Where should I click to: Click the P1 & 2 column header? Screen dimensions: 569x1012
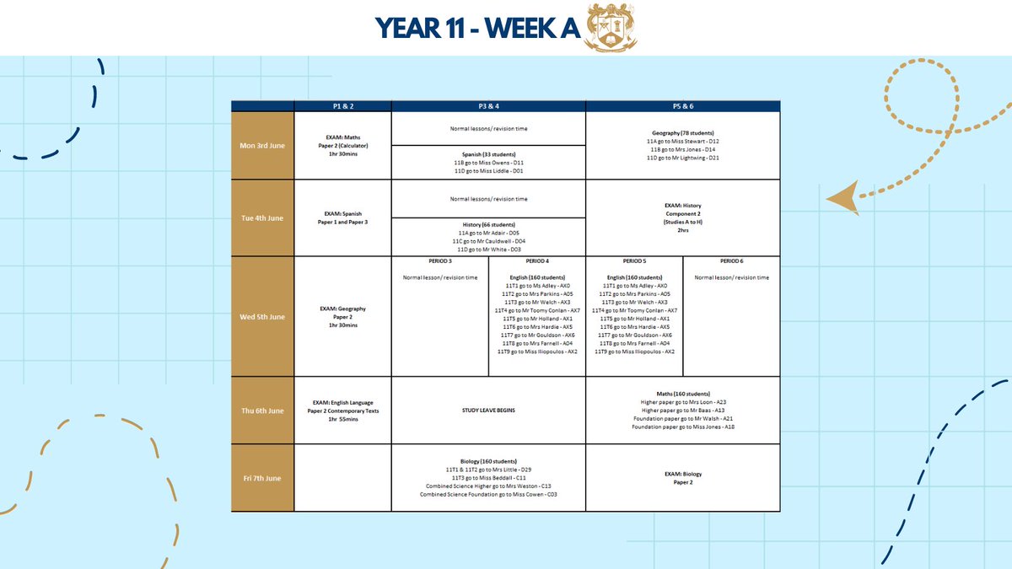click(x=342, y=106)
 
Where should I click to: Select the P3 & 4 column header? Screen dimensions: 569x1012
click(x=488, y=106)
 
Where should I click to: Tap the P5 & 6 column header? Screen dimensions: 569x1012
click(x=682, y=106)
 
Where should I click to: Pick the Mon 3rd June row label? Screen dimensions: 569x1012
click(x=262, y=145)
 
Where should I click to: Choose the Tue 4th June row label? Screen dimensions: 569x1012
click(x=262, y=217)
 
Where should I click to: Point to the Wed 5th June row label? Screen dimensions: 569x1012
click(x=262, y=316)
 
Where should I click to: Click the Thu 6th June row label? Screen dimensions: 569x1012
click(x=262, y=410)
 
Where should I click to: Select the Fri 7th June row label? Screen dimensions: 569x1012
click(x=262, y=478)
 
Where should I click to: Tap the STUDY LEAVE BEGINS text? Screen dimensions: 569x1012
click(x=488, y=410)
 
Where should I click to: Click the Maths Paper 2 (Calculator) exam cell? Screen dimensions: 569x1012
click(x=342, y=145)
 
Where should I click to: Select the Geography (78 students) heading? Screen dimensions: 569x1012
click(x=682, y=132)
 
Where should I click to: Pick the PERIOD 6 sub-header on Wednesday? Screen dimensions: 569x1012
click(x=731, y=262)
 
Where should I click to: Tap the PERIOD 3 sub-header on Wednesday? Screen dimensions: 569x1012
click(x=439, y=262)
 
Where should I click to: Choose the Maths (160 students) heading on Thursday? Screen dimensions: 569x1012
click(x=682, y=393)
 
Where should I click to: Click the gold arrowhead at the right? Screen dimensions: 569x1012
click(x=843, y=200)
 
